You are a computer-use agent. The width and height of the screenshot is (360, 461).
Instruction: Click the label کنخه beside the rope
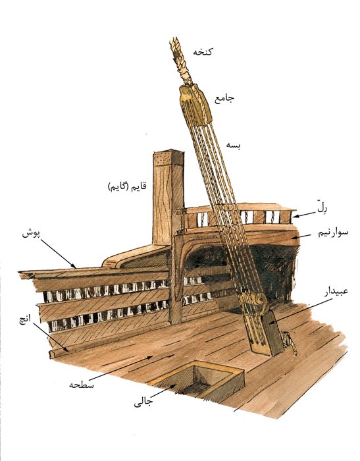[203, 52]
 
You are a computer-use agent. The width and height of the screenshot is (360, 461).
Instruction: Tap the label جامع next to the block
[224, 99]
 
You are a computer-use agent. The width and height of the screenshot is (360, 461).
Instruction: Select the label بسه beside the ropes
[234, 146]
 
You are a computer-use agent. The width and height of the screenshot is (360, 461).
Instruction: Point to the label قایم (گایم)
[127, 187]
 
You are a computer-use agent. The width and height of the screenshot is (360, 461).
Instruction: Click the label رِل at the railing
[322, 208]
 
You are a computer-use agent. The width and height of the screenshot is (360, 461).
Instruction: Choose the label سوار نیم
[333, 233]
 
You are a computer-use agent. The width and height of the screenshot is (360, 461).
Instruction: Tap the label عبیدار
[336, 291]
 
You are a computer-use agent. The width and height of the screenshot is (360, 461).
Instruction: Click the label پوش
[31, 234]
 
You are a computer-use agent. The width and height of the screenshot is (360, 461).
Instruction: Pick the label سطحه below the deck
[82, 384]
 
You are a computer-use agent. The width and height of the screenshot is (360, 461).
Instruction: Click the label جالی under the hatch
[143, 402]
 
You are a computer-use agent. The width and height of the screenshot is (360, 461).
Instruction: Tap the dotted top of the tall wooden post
[168, 159]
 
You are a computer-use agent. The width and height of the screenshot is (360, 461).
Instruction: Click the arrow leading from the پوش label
[58, 254]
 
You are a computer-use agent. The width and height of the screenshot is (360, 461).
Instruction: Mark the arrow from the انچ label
[51, 337]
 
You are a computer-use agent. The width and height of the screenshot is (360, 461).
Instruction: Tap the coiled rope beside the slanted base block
[289, 342]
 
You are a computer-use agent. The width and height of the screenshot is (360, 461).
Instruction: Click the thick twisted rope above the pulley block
[180, 61]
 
